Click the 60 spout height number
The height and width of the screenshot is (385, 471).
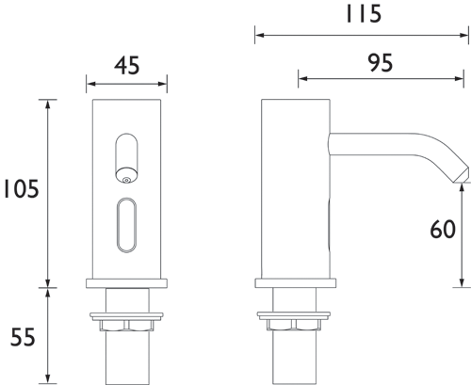coord(443,230)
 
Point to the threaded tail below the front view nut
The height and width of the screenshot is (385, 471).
coord(126,358)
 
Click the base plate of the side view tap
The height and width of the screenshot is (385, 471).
coord(295,281)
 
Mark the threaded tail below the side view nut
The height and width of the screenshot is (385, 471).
coord(295,358)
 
